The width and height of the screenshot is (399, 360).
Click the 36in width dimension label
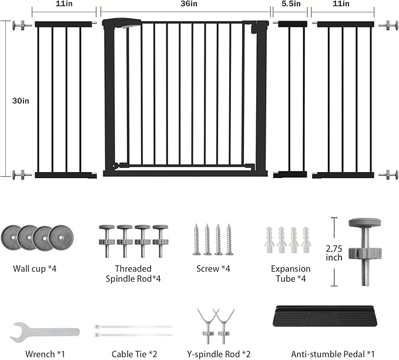(189, 4)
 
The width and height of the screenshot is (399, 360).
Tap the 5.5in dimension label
(291, 4)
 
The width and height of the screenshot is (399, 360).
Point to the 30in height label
(21, 101)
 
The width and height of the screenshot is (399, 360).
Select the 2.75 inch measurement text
(334, 253)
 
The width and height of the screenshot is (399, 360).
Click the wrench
(45, 332)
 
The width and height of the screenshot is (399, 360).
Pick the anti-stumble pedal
(325, 316)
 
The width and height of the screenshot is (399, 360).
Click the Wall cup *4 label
(35, 269)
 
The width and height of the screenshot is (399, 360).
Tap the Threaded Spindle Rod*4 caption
(133, 274)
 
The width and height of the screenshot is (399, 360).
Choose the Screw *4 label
(213, 269)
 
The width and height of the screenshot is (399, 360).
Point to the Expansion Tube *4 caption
(291, 274)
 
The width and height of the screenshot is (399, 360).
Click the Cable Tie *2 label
(134, 354)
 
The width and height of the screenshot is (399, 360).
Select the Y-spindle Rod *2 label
(219, 354)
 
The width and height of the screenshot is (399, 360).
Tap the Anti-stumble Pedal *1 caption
(333, 354)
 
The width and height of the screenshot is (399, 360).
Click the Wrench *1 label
(45, 354)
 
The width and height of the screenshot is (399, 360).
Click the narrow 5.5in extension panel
(290, 99)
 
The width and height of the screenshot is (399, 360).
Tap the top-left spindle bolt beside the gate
(22, 25)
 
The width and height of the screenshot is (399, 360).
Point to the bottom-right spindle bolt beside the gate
(388, 174)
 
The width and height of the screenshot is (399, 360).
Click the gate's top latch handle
(122, 22)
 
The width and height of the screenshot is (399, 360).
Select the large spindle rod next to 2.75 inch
(365, 252)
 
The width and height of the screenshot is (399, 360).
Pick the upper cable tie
(133, 327)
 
